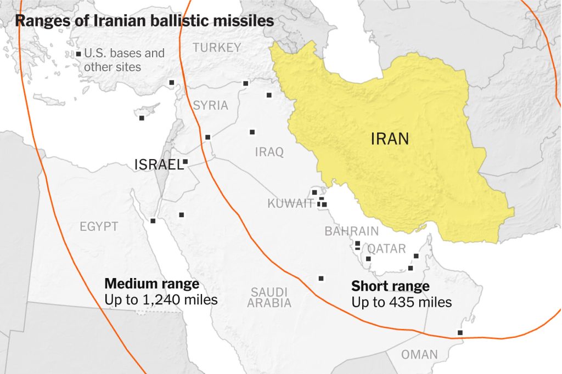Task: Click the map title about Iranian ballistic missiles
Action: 144,21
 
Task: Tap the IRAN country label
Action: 390,138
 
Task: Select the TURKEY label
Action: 217,48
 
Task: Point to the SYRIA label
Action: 210,105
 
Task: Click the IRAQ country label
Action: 269,152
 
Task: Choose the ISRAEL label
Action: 159,165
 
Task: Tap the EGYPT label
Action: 99,226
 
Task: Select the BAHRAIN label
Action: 351,231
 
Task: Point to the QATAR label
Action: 386,249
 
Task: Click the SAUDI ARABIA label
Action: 269,297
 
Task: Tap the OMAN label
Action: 419,354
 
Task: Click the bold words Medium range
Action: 151,284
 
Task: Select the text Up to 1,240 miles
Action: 161,300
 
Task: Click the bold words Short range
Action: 390,286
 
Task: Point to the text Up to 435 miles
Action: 401,302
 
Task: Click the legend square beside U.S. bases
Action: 78,54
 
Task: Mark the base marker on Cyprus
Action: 142,118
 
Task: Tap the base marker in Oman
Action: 460,333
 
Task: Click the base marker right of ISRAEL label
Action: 186,162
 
